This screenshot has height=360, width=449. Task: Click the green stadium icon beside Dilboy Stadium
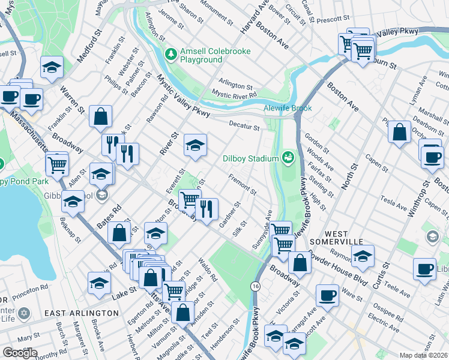(x=288, y=158)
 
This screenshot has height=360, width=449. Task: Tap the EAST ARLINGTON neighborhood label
(x=82, y=313)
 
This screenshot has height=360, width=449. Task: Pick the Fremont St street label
(x=243, y=185)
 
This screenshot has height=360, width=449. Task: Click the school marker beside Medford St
(x=52, y=67)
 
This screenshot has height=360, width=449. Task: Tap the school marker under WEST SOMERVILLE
(x=363, y=256)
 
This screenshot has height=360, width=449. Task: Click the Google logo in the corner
(x=20, y=352)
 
